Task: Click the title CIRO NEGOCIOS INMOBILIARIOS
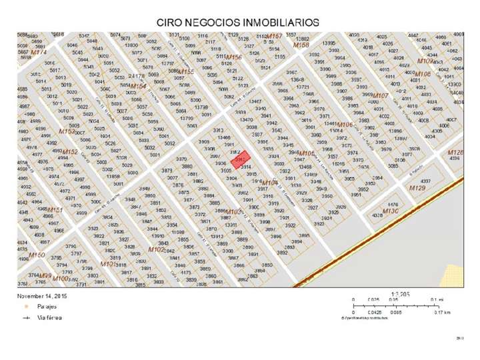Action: pyautogui.click(x=238, y=22)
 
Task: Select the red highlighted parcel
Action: pyautogui.click(x=241, y=159)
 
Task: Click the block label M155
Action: pyautogui.click(x=185, y=71)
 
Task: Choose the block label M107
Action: pyautogui.click(x=380, y=96)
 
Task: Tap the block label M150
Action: pyautogui.click(x=37, y=255)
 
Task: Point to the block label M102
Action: pyautogui.click(x=156, y=249)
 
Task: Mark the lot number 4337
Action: pyautogui.click(x=426, y=181)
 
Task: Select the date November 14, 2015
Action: pyautogui.click(x=43, y=294)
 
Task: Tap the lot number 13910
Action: pyautogui.click(x=158, y=235)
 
